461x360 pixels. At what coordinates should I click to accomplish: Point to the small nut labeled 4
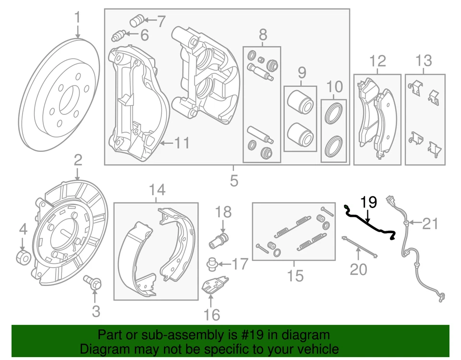(23, 257)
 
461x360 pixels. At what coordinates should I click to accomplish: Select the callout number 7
(160, 21)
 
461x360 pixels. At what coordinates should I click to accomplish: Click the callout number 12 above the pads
(377, 61)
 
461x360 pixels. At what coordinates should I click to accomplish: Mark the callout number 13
(424, 61)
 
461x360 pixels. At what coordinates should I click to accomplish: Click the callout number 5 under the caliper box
(234, 181)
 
